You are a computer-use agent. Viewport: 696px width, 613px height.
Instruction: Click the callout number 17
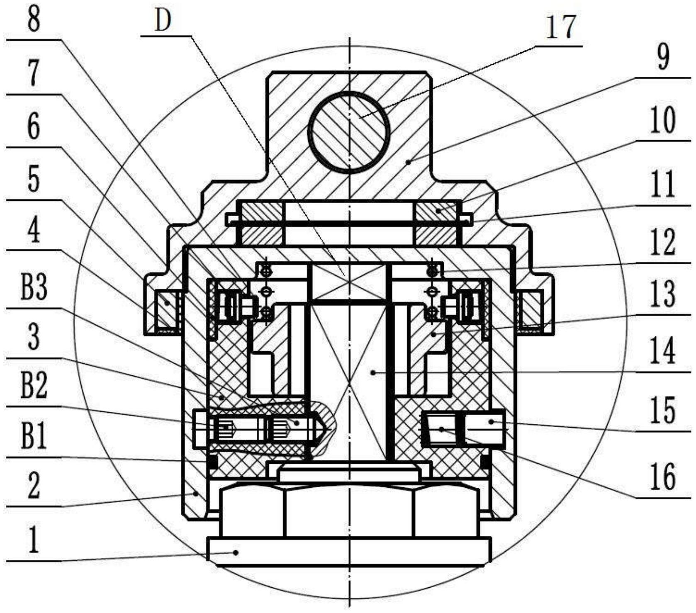(561, 27)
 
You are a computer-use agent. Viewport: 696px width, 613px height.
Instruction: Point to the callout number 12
(663, 242)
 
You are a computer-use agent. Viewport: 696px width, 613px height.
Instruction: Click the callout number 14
(663, 351)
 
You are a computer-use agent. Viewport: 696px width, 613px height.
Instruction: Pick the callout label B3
(34, 289)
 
